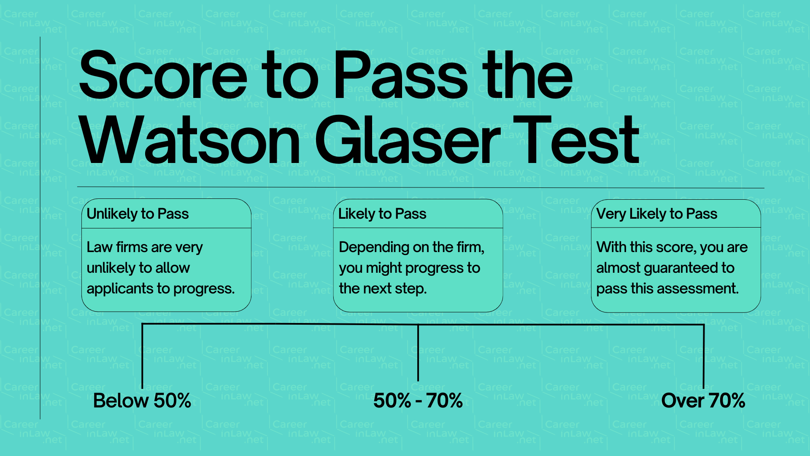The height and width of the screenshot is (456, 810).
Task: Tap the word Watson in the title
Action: click(190, 141)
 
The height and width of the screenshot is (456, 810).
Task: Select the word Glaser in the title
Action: click(407, 141)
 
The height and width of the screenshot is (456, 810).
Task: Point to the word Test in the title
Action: click(576, 141)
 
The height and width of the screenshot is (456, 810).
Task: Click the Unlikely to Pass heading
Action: click(138, 214)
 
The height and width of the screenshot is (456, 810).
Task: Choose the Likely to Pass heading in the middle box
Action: click(382, 214)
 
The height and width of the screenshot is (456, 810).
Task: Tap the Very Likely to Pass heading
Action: click(656, 214)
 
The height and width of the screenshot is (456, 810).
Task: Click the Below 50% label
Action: click(142, 401)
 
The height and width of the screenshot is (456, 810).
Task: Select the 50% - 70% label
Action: click(418, 401)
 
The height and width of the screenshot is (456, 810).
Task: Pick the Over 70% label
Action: click(703, 401)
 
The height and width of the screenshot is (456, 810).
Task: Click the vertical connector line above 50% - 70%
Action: click(418, 353)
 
